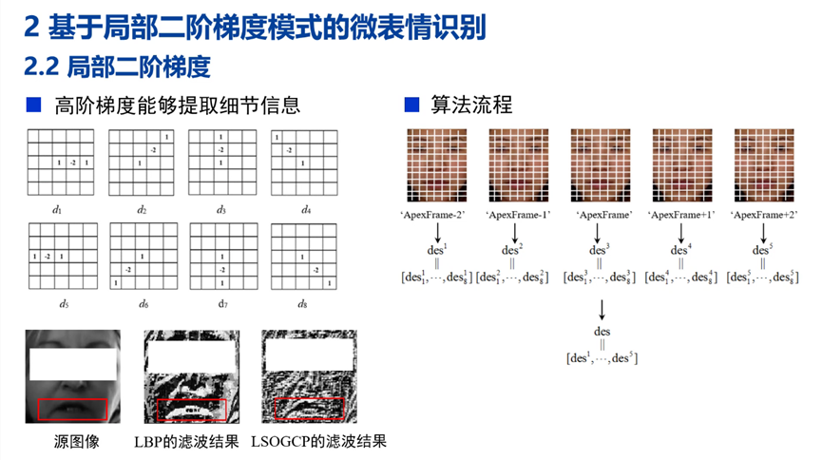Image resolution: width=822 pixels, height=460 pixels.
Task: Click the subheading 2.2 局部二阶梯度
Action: coord(120,67)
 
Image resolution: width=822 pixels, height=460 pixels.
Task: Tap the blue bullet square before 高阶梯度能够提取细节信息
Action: coord(33,105)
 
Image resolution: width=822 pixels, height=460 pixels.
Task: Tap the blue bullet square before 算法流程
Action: coord(411,105)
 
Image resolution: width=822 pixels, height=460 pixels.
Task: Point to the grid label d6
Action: coord(142,304)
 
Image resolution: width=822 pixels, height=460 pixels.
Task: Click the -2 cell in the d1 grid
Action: coord(73,163)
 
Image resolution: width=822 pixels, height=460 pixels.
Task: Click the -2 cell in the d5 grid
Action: coord(47,258)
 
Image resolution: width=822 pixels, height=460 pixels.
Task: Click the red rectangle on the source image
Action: coord(73,410)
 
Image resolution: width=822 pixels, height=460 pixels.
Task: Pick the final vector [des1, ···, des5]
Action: coord(601,358)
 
